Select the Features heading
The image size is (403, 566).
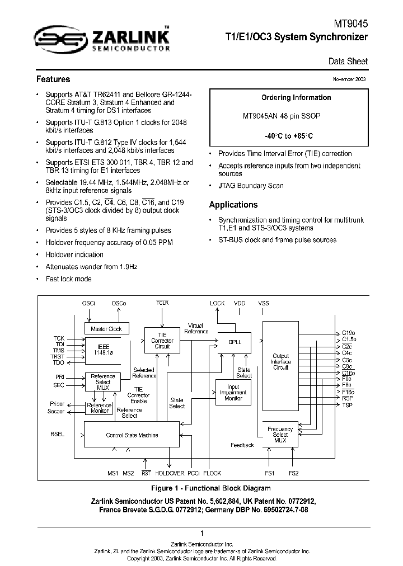point(53,79)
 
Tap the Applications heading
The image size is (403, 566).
point(233,205)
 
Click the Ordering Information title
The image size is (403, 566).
point(296,98)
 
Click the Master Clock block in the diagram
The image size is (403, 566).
point(106,329)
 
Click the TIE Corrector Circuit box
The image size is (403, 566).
point(162,341)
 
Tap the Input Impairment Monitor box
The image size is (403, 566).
point(233,393)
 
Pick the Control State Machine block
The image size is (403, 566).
point(132,435)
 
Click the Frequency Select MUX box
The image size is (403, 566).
point(280,434)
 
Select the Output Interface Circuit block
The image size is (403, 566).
point(280,362)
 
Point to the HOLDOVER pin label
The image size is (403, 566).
point(170,473)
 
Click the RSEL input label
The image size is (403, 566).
point(57,433)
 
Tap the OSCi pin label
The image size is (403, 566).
point(89,303)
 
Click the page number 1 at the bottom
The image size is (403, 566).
point(201,533)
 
